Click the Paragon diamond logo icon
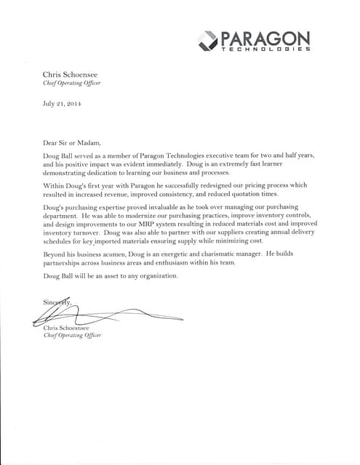coord(208,41)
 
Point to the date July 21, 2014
coord(63,103)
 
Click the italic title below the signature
coord(73,336)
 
